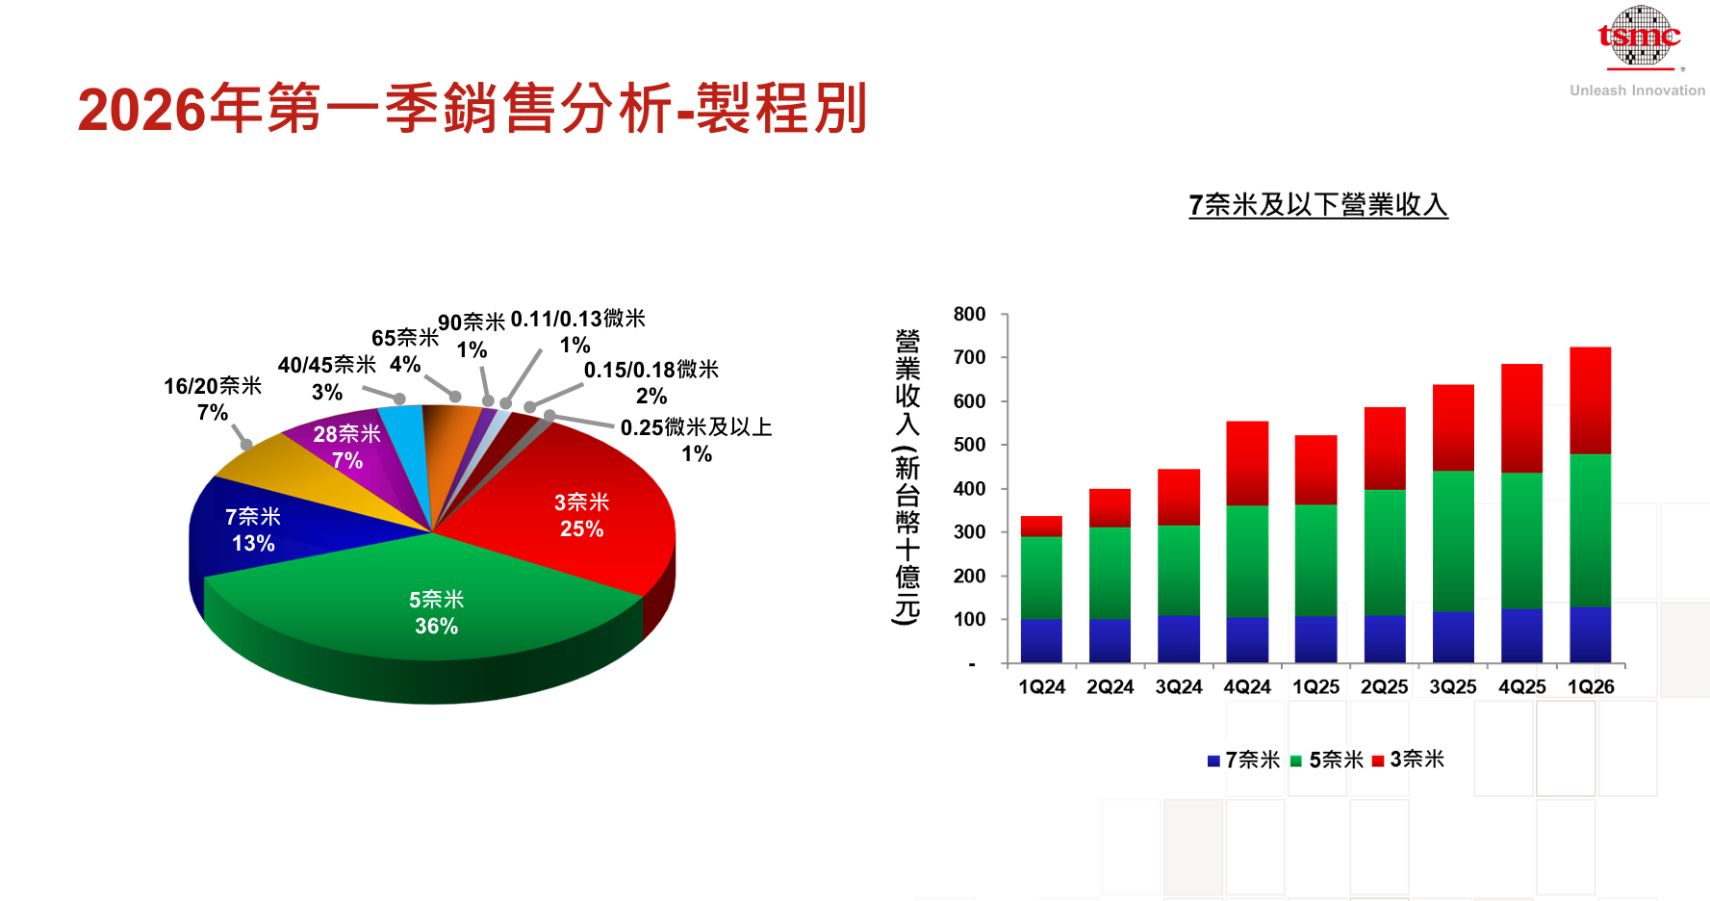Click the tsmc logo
(1639, 38)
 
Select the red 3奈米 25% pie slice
(581, 515)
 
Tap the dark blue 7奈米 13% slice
(253, 529)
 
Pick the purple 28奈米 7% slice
(346, 447)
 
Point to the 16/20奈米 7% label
(213, 399)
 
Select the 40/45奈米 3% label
(326, 377)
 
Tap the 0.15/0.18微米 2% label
(651, 382)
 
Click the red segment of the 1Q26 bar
(1590, 399)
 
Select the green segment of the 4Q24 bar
(1247, 560)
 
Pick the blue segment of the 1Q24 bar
(1041, 640)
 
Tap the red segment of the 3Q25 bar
(1453, 427)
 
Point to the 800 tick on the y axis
(969, 315)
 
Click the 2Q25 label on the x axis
(1384, 687)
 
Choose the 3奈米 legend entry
(1409, 759)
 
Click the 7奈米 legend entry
(1244, 759)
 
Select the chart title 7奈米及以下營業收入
(1317, 205)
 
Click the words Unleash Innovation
(1637, 90)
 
